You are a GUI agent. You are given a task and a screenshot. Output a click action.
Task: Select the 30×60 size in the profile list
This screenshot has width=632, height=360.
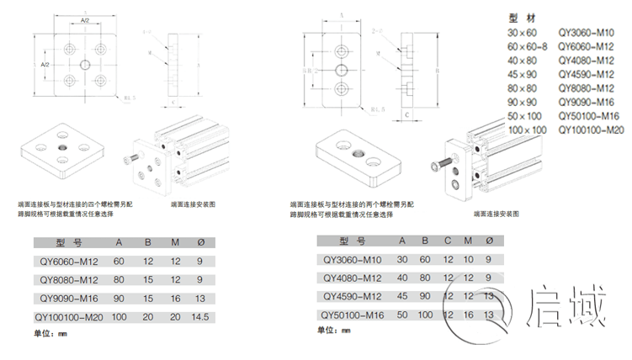pos(522,32)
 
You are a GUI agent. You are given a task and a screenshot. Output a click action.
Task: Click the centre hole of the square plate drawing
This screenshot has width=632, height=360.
pos(85,63)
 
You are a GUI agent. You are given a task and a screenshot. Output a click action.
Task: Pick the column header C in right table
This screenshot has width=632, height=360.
pos(447,241)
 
